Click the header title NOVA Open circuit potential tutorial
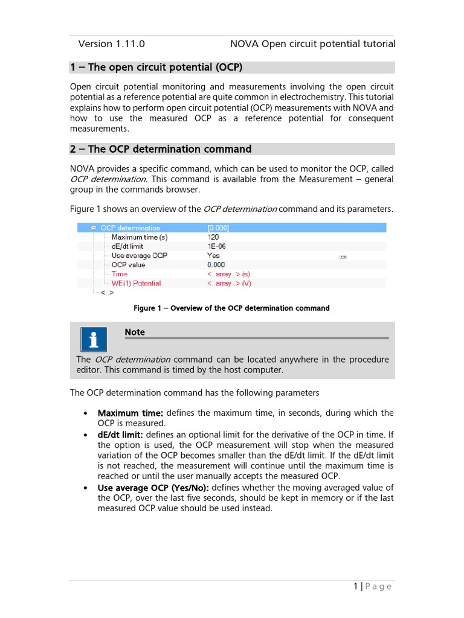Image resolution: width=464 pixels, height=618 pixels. [x=312, y=43]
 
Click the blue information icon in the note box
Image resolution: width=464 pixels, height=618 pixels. [x=93, y=340]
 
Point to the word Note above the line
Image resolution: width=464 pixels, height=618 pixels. [x=135, y=332]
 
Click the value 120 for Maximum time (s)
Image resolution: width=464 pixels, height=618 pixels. [x=214, y=237]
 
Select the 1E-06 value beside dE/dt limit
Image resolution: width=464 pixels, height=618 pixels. [x=217, y=246]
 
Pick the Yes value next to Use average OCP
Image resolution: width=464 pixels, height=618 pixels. [x=213, y=255]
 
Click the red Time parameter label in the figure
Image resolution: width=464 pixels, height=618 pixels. [x=120, y=274]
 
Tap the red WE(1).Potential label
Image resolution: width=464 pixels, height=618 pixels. [x=136, y=283]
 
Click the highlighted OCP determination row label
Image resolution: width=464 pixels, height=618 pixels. [x=130, y=228]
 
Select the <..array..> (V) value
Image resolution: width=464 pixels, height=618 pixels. [x=229, y=283]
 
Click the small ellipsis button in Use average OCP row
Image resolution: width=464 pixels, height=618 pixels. [x=343, y=256]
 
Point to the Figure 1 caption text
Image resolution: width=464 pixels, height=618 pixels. [x=231, y=308]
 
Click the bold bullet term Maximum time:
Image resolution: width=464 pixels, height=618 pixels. [x=130, y=413]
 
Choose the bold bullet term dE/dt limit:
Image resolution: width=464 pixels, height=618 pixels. [x=120, y=435]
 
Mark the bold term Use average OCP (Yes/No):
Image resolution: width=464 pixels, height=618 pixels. [x=153, y=488]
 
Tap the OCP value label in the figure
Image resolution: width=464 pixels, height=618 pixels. [x=128, y=265]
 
